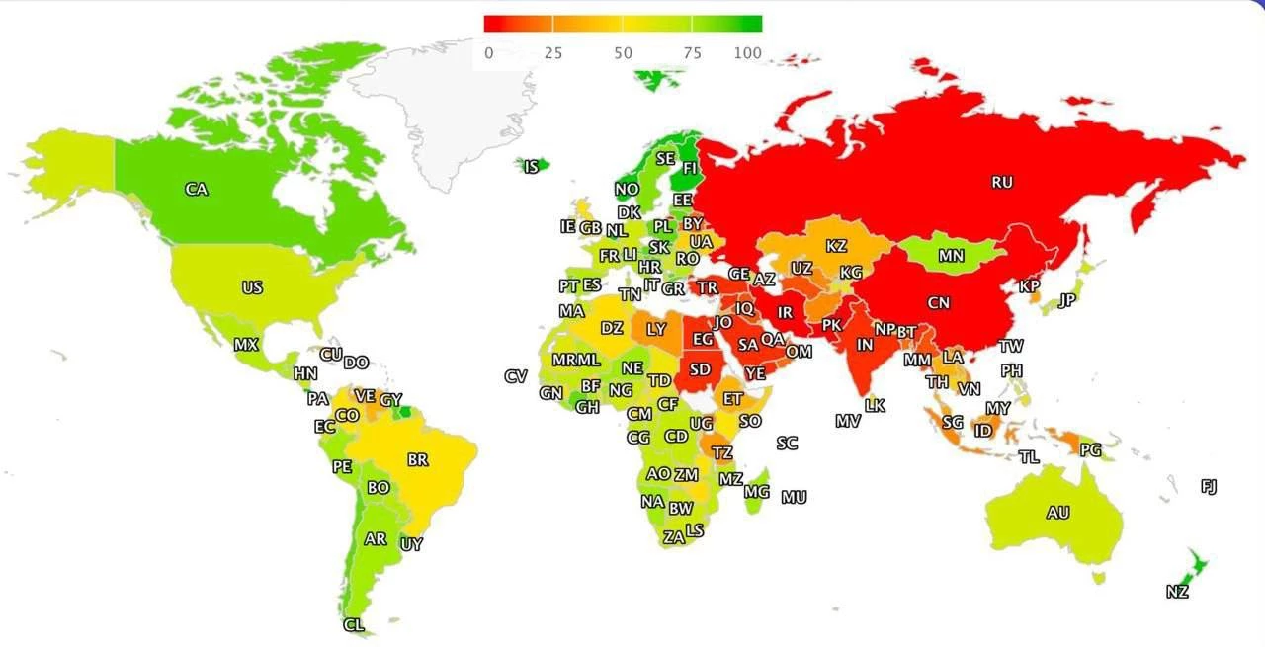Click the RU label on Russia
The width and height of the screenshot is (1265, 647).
1002,183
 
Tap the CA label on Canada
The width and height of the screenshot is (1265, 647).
196,189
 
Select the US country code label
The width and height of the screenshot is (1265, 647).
252,288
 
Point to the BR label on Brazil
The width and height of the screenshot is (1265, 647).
417,460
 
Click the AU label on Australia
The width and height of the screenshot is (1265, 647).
1057,514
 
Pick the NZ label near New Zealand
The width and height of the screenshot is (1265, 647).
1176,593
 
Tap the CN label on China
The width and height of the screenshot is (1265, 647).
939,303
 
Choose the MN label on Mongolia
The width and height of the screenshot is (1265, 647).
951,257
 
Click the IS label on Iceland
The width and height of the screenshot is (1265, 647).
531,168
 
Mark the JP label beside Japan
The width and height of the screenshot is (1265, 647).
1066,301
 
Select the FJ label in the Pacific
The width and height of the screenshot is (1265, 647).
1209,486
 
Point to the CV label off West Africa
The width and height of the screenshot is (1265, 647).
515,376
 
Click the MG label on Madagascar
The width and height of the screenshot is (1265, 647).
756,492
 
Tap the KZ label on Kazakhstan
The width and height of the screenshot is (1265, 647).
836,246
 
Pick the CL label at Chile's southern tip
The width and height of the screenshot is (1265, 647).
353,625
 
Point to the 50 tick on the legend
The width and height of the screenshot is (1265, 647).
623,53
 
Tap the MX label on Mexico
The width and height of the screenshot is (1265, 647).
246,346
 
